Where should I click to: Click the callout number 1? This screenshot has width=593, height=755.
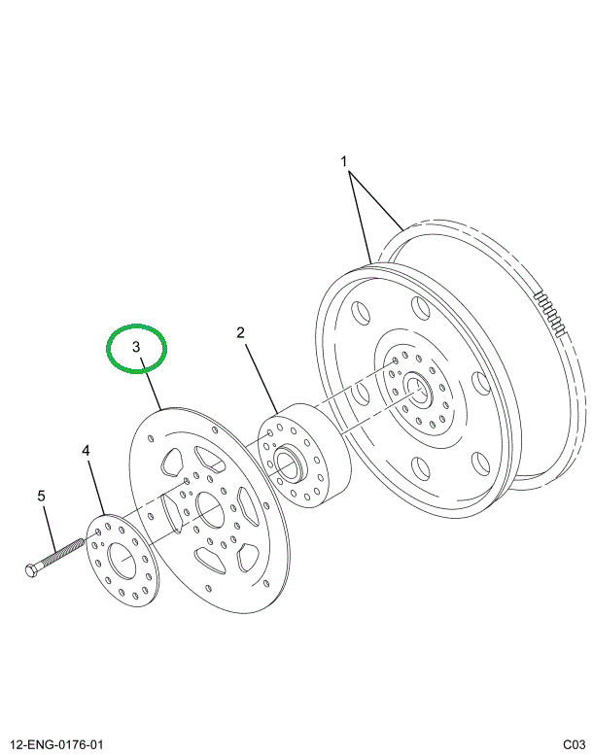pos(342,159)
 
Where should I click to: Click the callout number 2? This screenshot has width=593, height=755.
pos(240,333)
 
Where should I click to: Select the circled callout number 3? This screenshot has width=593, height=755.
pos(137,347)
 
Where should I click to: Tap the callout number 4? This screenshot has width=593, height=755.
pos(86,451)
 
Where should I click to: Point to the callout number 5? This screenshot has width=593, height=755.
pos(42,498)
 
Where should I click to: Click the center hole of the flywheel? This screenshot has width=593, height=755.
pos(419,390)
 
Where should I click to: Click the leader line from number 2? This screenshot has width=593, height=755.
pos(260,374)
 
